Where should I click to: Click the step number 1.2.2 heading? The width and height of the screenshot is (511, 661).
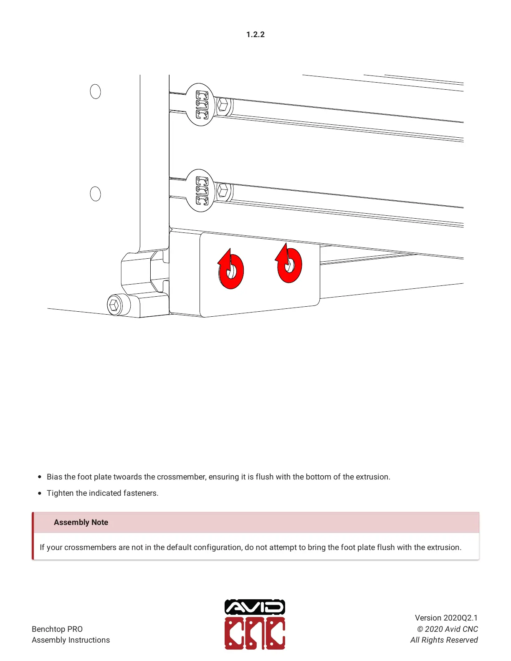[255, 35]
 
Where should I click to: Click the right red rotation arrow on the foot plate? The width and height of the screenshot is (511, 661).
[289, 265]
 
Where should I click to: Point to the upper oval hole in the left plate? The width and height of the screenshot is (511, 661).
[95, 91]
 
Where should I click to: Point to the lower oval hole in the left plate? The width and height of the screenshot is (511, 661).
[95, 194]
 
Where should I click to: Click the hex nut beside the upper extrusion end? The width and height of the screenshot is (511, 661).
[223, 105]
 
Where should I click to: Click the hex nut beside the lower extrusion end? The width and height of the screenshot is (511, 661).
[223, 191]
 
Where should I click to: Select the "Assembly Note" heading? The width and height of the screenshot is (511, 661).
[81, 522]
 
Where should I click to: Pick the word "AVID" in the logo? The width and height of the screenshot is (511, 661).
[255, 607]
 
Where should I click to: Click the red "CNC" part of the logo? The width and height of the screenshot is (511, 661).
[255, 633]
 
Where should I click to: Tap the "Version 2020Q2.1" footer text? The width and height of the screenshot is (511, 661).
[446, 618]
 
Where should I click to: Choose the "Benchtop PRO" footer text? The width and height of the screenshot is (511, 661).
[57, 629]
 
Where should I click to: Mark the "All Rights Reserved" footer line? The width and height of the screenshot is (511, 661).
[444, 640]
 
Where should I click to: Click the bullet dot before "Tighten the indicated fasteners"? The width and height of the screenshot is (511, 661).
[40, 493]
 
